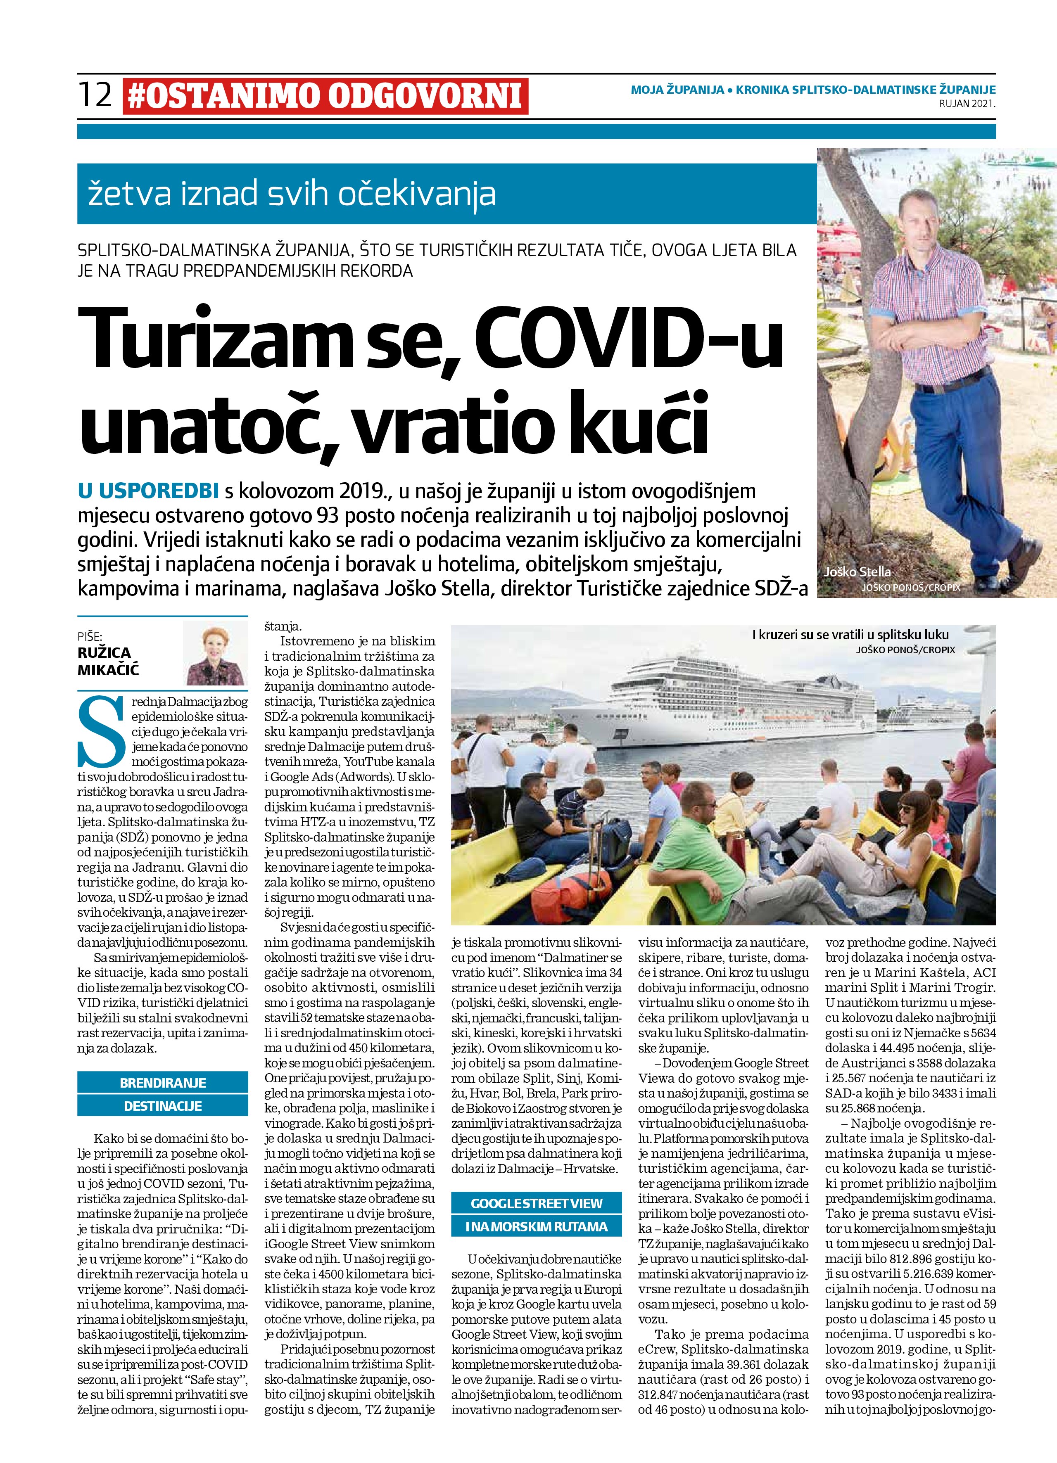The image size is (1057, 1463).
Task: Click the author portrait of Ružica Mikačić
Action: pyautogui.click(x=215, y=653)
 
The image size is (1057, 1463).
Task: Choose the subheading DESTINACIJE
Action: pyautogui.click(x=163, y=1106)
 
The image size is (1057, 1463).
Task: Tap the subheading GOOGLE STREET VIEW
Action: pyautogui.click(x=536, y=1203)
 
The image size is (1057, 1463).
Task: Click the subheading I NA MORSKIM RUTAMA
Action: pyautogui.click(x=536, y=1226)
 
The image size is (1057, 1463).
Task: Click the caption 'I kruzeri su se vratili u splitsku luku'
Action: pyautogui.click(x=850, y=635)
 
